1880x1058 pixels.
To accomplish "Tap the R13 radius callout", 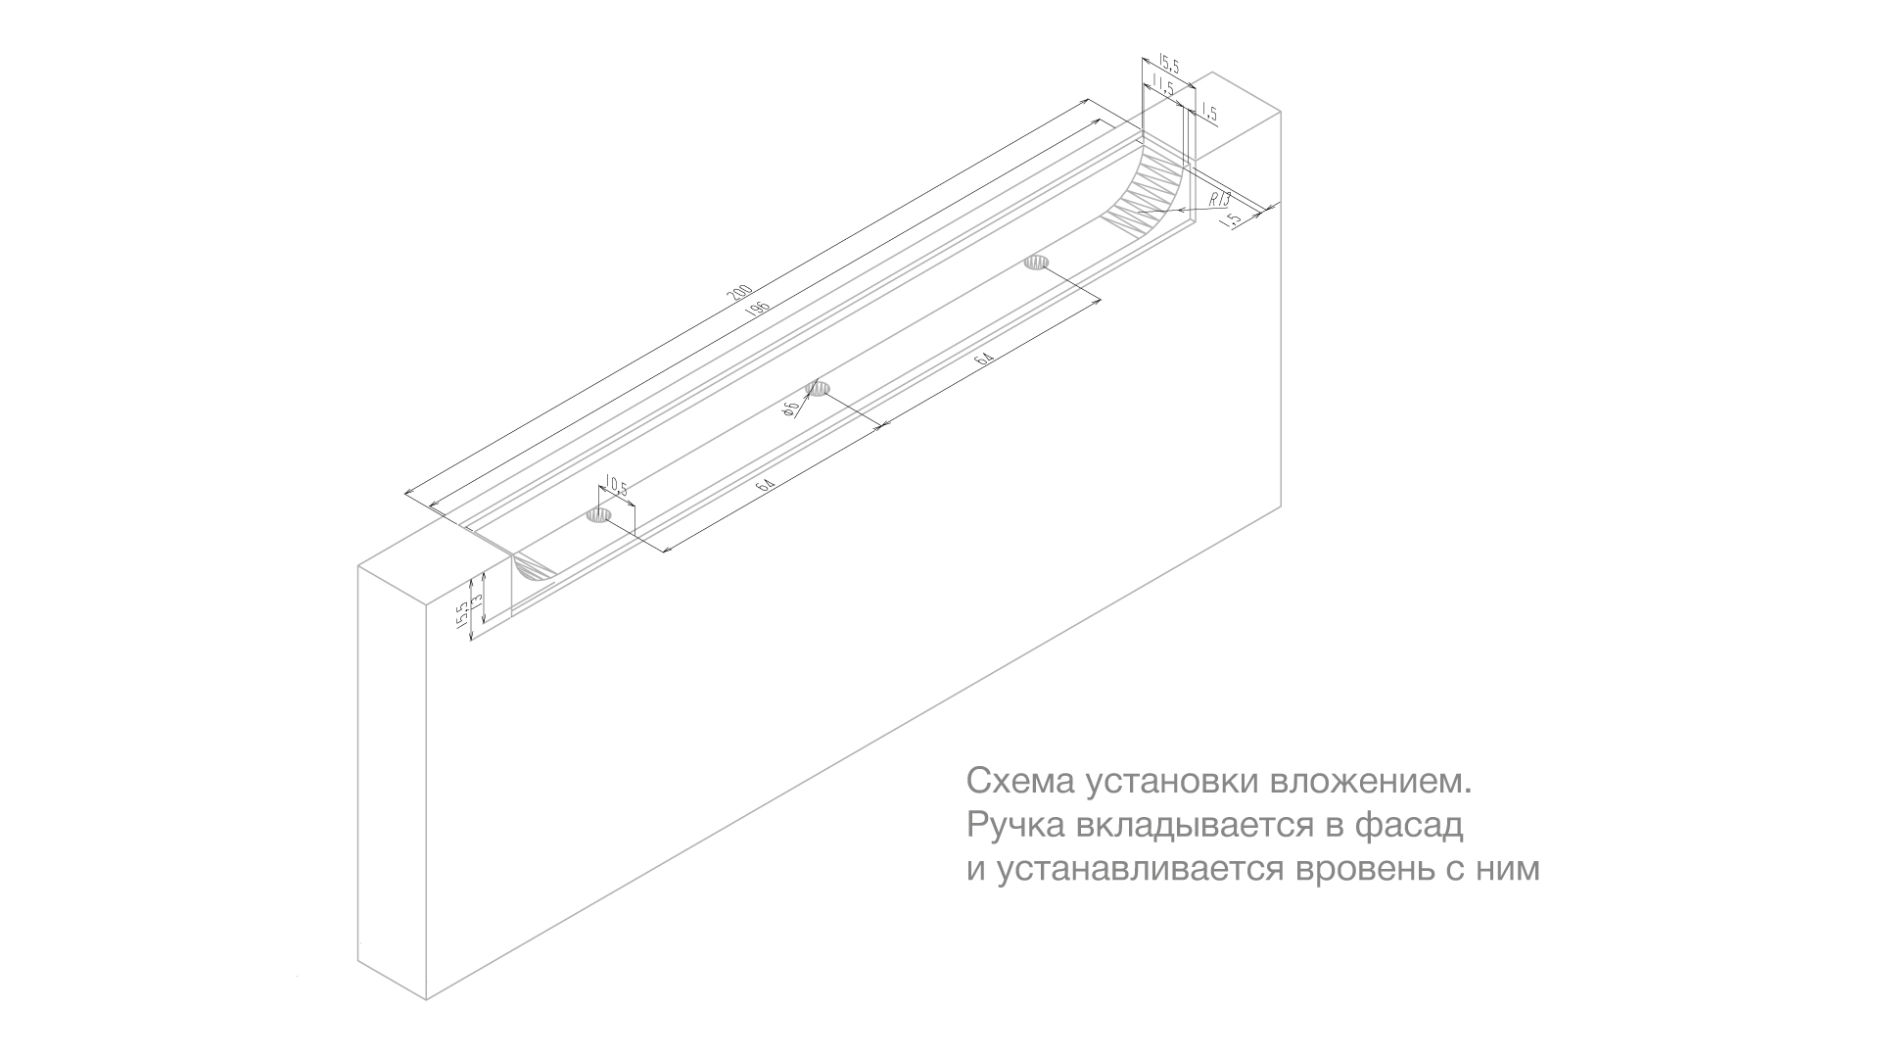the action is tap(1219, 199).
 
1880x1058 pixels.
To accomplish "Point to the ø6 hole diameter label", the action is tap(791, 409).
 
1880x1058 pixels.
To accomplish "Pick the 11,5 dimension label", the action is tap(1163, 85).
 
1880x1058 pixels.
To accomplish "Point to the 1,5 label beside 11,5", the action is tap(1208, 115).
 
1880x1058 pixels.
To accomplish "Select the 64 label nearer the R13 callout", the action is tap(984, 361).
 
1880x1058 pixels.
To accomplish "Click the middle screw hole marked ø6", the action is tap(818, 389).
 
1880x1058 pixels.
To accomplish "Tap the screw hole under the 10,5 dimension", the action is tap(598, 515).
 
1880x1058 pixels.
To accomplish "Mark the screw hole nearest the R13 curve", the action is tap(1036, 262).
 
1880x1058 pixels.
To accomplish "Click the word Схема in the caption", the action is tap(1008, 782).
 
